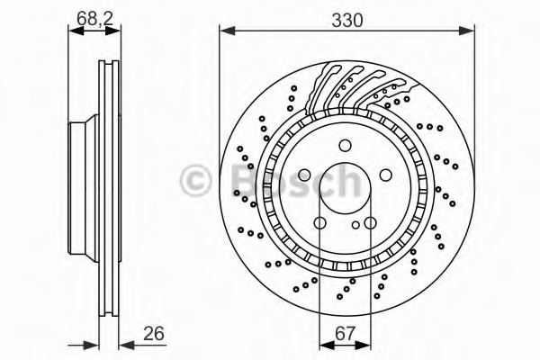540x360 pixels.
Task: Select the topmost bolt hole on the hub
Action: click(346, 146)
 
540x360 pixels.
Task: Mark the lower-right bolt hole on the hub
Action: click(371, 222)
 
